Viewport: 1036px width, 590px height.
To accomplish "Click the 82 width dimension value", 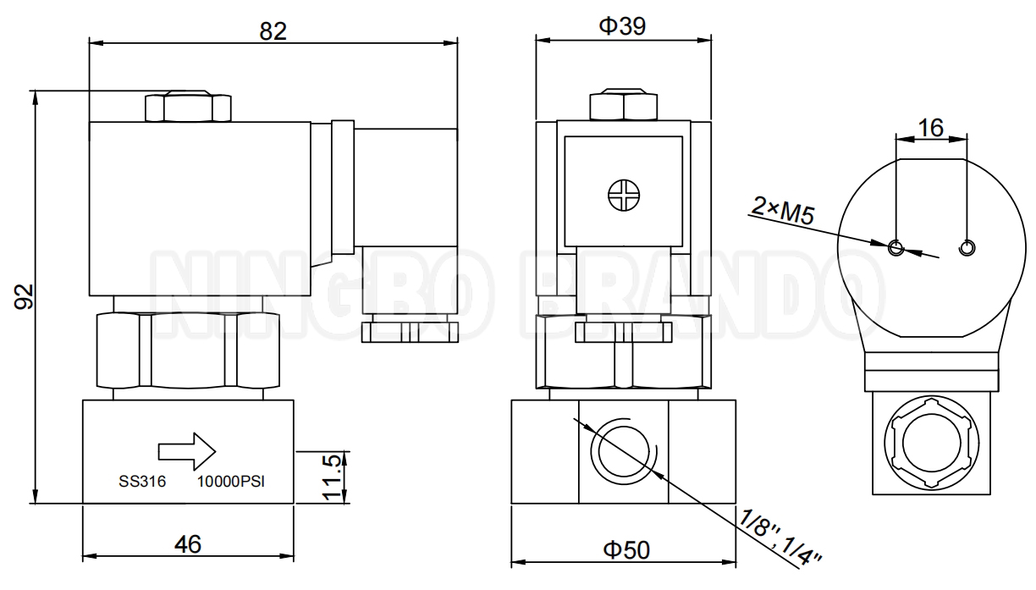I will pyautogui.click(x=273, y=30).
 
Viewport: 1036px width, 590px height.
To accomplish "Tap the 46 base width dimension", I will pyautogui.click(x=188, y=543).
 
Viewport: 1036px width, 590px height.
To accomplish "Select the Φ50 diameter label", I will pyautogui.click(x=626, y=549).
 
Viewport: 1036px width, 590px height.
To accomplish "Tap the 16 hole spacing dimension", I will pyautogui.click(x=930, y=127).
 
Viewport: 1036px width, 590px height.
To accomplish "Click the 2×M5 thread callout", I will pyautogui.click(x=782, y=212).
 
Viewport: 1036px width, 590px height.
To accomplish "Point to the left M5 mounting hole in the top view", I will pyautogui.click(x=896, y=247).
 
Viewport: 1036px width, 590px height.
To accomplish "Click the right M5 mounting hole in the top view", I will pyautogui.click(x=966, y=247).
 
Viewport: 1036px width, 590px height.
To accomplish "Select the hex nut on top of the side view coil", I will pyautogui.click(x=188, y=106).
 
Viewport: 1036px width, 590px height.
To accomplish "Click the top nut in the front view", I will pyautogui.click(x=622, y=105).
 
